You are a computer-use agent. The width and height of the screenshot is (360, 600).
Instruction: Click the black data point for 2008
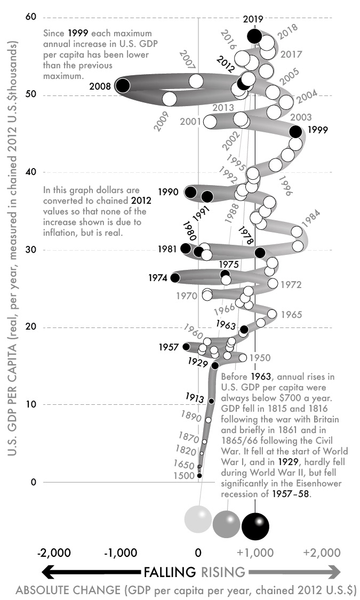[x=123, y=85]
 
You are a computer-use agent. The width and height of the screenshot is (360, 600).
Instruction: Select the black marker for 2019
[x=255, y=36]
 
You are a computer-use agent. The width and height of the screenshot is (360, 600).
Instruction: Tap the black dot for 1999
[x=295, y=131]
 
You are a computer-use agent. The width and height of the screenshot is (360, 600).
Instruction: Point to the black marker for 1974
[x=174, y=277]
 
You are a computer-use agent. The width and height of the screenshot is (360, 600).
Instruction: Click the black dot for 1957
[x=186, y=347]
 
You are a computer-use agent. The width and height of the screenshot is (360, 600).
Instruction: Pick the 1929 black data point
[x=215, y=365]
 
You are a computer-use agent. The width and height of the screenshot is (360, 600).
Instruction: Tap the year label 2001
[x=190, y=122]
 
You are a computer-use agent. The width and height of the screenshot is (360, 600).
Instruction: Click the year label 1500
[x=184, y=476]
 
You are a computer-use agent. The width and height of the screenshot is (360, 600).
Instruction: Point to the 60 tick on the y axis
[x=31, y=18]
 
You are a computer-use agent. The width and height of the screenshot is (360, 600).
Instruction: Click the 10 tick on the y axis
[x=31, y=404]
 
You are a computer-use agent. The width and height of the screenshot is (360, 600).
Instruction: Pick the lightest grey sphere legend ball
[x=198, y=519]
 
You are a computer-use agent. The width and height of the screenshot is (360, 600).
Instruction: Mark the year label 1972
[x=291, y=285]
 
